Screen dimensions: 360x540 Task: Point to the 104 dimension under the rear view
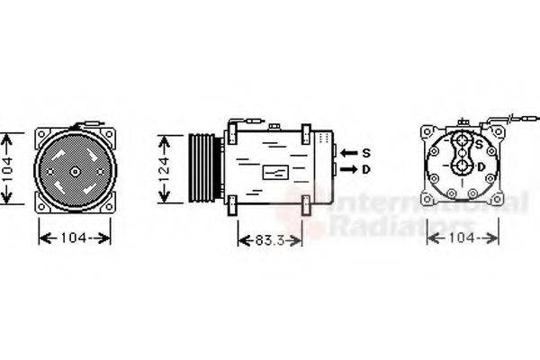click(x=462, y=238)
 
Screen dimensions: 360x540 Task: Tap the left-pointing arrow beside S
click(x=349, y=151)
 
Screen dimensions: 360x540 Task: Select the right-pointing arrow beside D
click(x=349, y=168)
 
